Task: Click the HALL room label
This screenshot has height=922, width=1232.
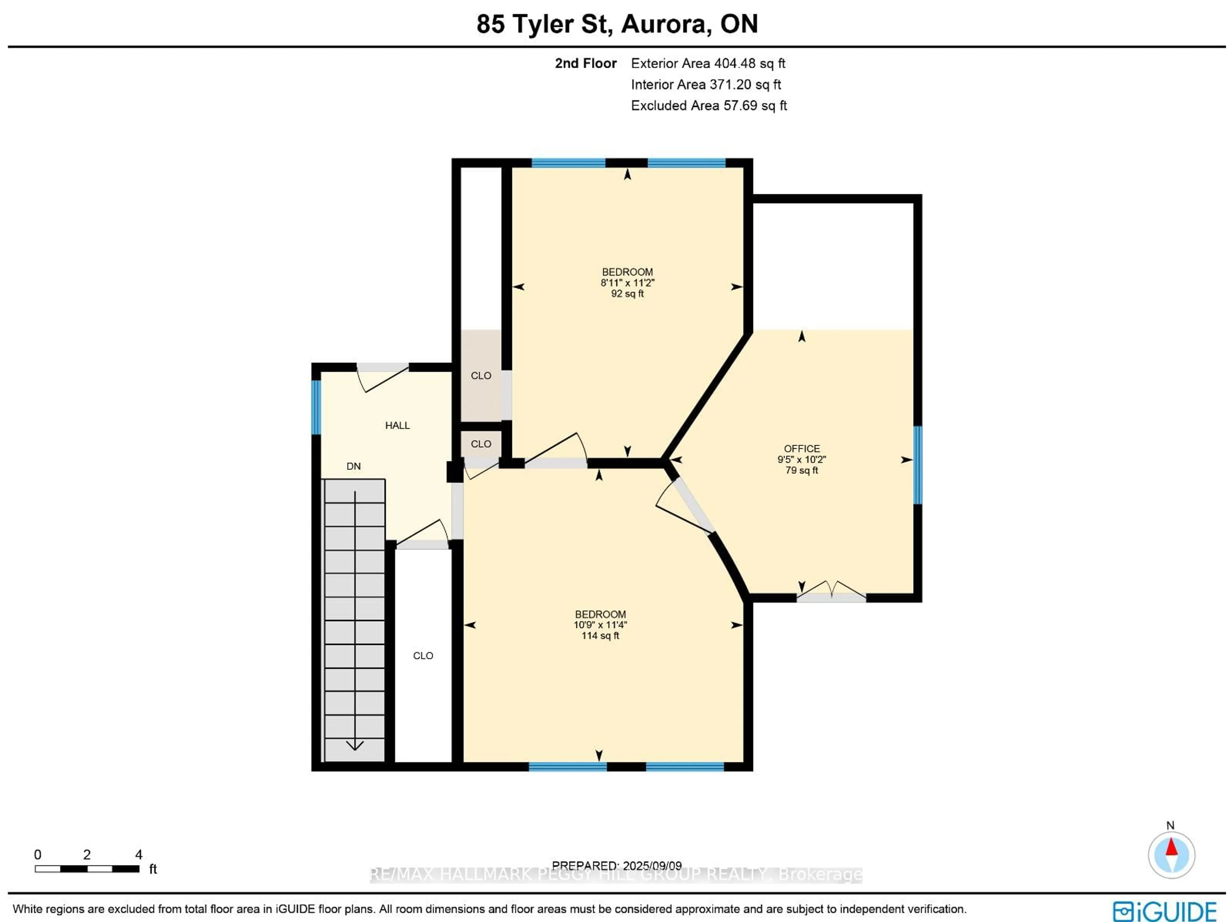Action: click(x=397, y=425)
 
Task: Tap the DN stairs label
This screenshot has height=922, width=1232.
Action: click(x=353, y=466)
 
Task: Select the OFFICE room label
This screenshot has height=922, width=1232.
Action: click(x=801, y=448)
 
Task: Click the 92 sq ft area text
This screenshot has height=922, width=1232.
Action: click(x=627, y=293)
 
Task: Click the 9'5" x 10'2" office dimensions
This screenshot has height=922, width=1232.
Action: click(x=801, y=459)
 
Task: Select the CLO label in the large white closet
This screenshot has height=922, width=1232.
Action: click(x=423, y=655)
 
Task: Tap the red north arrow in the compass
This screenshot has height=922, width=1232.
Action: click(x=1171, y=847)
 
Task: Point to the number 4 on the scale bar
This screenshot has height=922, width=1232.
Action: click(x=139, y=854)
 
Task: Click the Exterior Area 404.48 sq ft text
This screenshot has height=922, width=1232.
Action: click(x=707, y=63)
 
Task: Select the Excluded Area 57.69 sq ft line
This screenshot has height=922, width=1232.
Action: click(x=708, y=106)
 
